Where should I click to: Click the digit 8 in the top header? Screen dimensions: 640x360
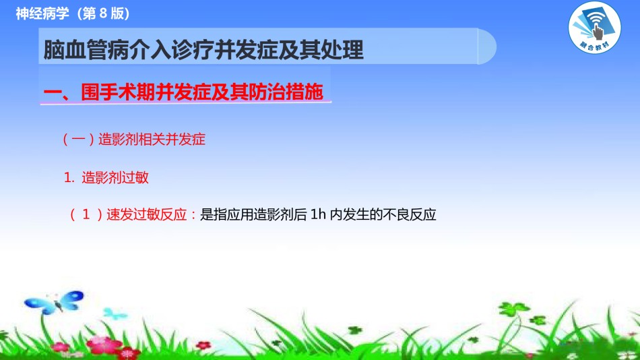pos(103,13)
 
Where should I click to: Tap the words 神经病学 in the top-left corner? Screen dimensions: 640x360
pos(42,13)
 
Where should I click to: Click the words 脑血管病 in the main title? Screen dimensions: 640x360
pos(86,50)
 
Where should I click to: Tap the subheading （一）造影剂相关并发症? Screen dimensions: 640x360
pos(133,140)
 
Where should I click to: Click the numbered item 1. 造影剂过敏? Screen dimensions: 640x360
pos(106,177)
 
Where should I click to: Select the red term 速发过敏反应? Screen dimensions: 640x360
pos(146,214)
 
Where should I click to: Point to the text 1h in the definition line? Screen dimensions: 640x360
pos(318,214)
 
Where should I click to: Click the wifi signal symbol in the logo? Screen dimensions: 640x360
pos(596,18)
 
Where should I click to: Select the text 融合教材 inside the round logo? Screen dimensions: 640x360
pos(595,46)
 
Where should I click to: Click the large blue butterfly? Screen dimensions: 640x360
pos(55,303)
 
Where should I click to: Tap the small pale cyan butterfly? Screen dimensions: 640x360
pos(115,314)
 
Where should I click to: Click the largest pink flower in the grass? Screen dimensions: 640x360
pos(104,345)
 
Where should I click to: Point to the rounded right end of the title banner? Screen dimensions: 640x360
pos(487,46)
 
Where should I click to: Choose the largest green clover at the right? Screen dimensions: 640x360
pos(513,309)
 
